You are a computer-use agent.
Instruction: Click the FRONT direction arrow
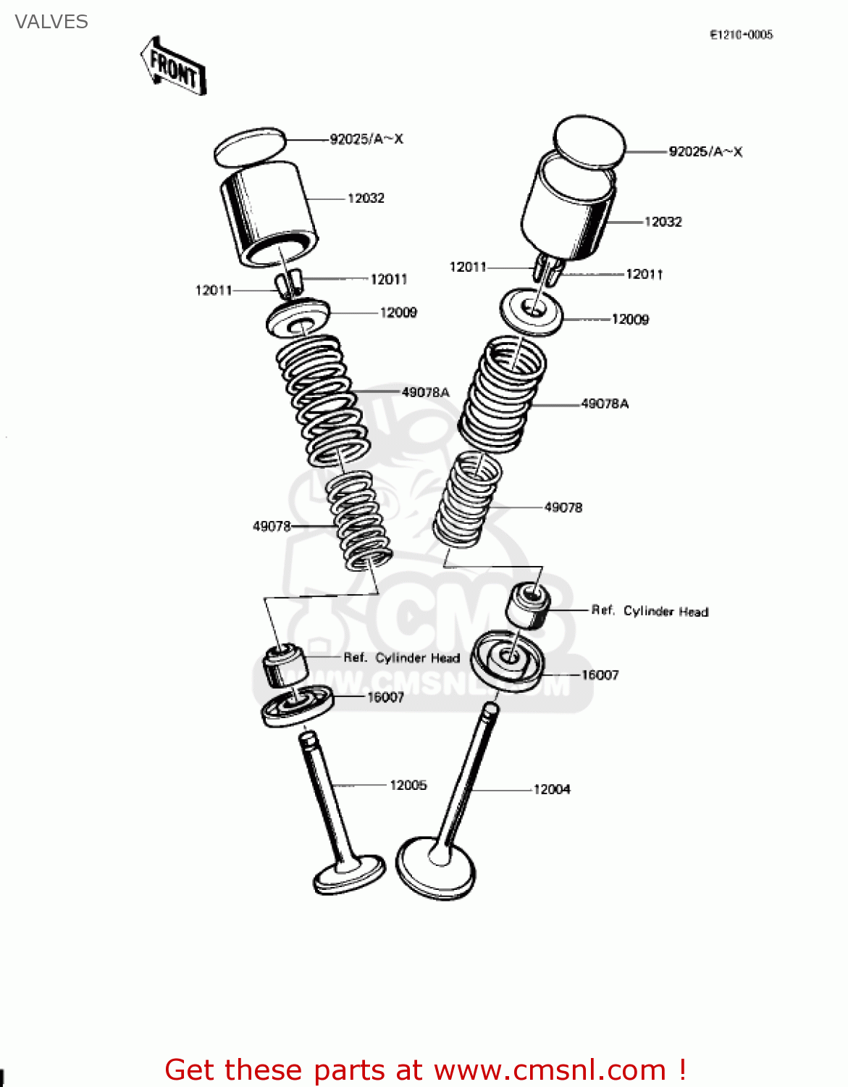coord(174,67)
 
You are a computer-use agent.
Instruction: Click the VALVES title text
coord(51,22)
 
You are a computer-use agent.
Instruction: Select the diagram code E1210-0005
coord(741,34)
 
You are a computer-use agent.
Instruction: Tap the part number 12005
coord(408,785)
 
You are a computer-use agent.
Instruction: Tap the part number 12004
coord(552,789)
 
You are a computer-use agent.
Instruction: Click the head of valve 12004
coord(436,867)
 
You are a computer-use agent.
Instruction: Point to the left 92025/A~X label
coord(366,139)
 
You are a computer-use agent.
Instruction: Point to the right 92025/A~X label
coord(705,151)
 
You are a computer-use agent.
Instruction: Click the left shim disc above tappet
coord(250,146)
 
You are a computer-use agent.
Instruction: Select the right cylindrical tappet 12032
coord(568,210)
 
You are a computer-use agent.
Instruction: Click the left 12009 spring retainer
coord(298,317)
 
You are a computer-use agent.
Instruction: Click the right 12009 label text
coord(630,320)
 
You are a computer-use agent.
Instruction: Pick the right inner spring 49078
coord(466,500)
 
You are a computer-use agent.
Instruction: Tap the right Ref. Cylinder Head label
coord(650,611)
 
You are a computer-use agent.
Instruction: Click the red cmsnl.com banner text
coord(425,1070)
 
